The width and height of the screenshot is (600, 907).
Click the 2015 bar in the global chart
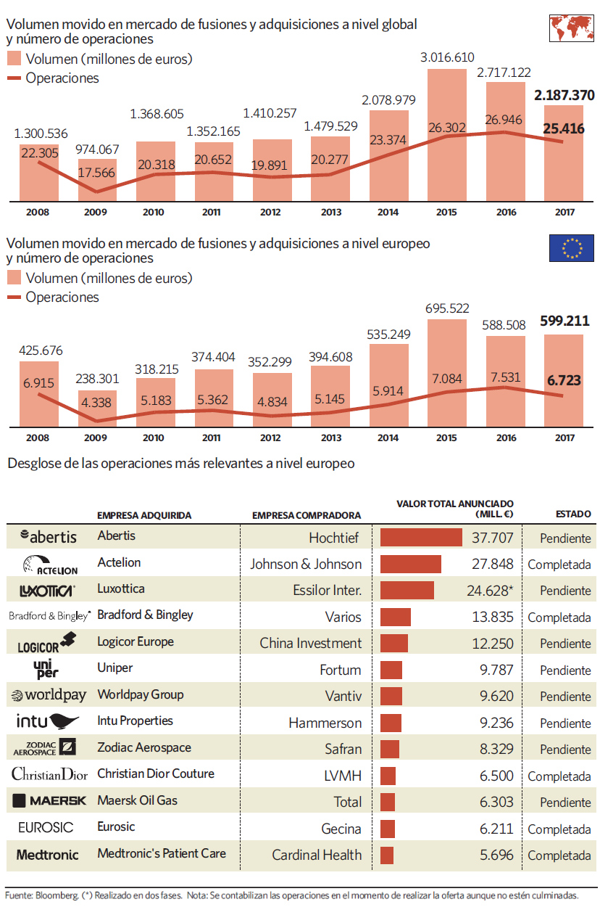[447, 135]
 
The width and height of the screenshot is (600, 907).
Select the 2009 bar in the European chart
[97, 409]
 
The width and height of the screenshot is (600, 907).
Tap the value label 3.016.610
[447, 57]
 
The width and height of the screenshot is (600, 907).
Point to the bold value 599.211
[564, 321]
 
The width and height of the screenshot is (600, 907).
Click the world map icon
[571, 28]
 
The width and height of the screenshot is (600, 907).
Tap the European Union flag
[571, 248]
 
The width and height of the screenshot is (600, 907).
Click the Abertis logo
[49, 536]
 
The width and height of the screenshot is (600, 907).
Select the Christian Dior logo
[49, 774]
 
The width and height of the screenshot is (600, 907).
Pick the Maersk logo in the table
[49, 800]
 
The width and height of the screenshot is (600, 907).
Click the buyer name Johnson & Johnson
[306, 564]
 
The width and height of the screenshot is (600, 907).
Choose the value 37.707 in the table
[493, 538]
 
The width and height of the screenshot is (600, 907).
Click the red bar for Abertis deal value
[421, 538]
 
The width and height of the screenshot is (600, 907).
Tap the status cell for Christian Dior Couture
[559, 776]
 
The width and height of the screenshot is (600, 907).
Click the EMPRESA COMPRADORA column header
[307, 515]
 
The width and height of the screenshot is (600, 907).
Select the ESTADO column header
[573, 514]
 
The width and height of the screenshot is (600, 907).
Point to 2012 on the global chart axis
[270, 212]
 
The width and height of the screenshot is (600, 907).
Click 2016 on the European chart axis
[507, 438]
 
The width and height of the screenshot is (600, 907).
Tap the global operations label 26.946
[504, 120]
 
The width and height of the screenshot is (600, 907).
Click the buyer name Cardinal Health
[317, 855]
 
